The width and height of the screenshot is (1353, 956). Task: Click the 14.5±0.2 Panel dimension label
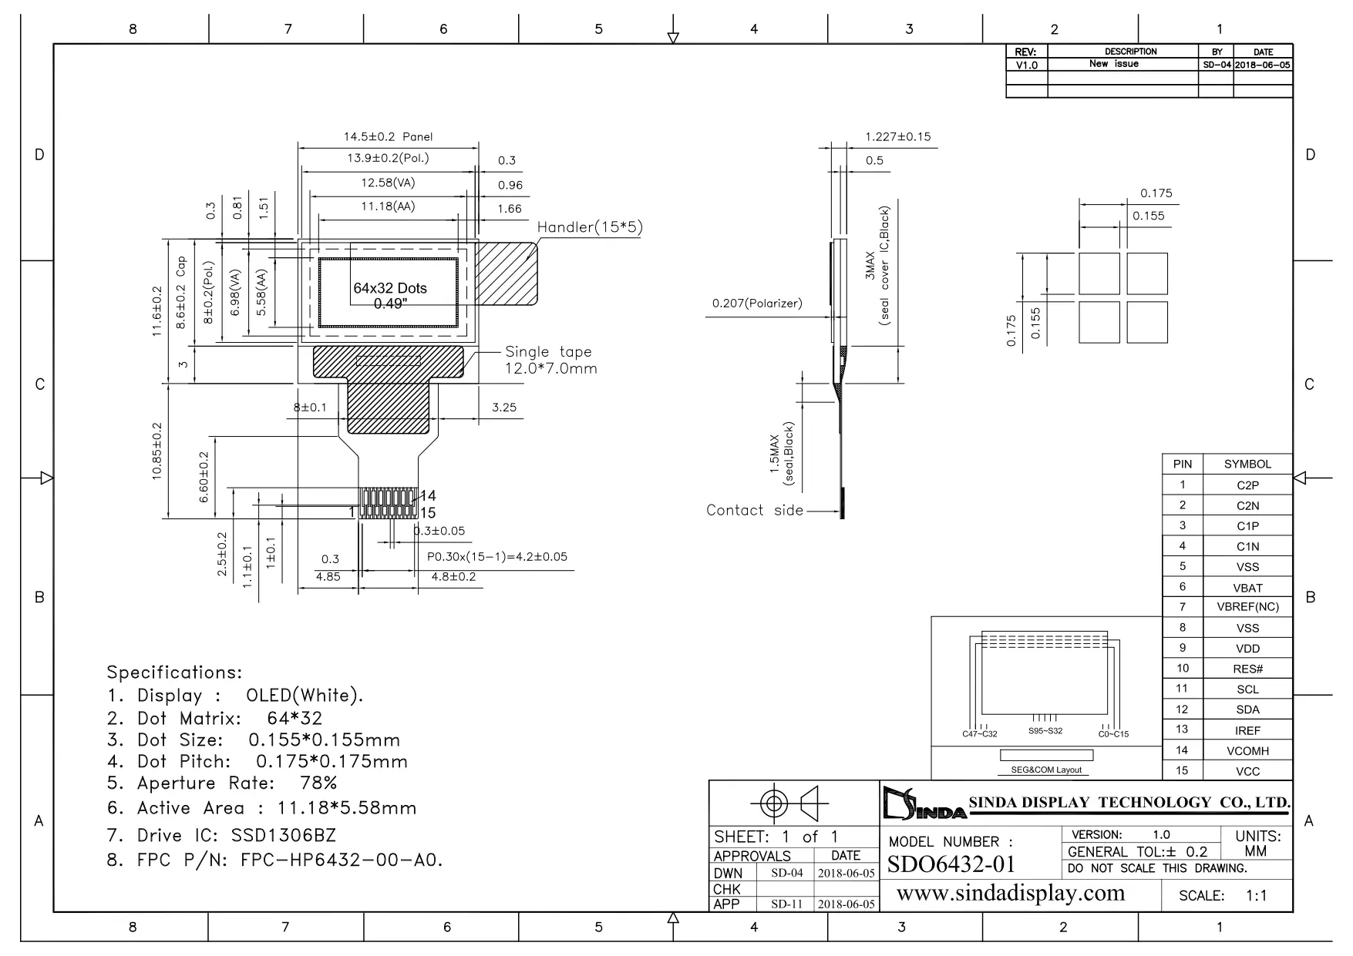pyautogui.click(x=388, y=136)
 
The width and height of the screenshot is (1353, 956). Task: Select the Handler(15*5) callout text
pyautogui.click(x=590, y=227)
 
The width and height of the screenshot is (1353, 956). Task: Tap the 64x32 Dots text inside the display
pyautogui.click(x=390, y=288)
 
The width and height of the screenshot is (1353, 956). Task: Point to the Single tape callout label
pyautogui.click(x=549, y=352)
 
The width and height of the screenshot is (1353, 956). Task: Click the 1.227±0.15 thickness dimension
pyautogui.click(x=898, y=137)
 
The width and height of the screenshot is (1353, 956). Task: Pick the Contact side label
pyautogui.click(x=755, y=510)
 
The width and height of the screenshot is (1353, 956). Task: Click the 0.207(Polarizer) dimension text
pyautogui.click(x=757, y=304)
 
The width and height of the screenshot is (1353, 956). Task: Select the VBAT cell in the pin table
pyautogui.click(x=1247, y=587)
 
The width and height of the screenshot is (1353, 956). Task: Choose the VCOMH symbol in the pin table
pyautogui.click(x=1247, y=750)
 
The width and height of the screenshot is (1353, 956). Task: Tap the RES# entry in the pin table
pyautogui.click(x=1247, y=669)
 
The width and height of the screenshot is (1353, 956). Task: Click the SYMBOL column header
pyautogui.click(x=1247, y=464)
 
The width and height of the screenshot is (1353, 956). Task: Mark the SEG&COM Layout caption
pyautogui.click(x=1046, y=770)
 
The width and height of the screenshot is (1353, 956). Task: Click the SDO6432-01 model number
pyautogui.click(x=951, y=864)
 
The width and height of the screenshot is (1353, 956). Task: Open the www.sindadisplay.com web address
pyautogui.click(x=1011, y=894)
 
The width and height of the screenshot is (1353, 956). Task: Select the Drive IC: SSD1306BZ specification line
pyautogui.click(x=221, y=836)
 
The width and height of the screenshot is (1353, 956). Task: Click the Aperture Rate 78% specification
pyautogui.click(x=222, y=783)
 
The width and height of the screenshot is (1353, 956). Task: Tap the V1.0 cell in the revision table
pyautogui.click(x=1027, y=65)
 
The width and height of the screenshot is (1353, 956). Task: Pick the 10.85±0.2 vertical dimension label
pyautogui.click(x=157, y=451)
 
